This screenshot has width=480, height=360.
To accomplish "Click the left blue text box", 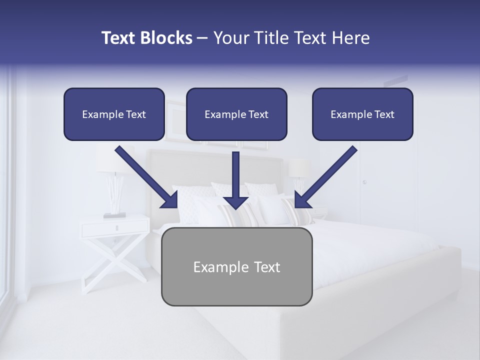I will [x=114, y=114].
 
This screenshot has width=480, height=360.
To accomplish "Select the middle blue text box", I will [x=236, y=114].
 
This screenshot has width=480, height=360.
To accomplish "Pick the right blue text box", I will [x=362, y=114].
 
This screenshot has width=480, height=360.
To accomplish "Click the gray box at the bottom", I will [x=236, y=266].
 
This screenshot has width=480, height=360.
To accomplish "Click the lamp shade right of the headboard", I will [x=299, y=168].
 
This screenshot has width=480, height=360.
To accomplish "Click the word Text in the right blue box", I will [x=384, y=114].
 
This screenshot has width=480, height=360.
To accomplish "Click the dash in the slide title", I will [x=202, y=38].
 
